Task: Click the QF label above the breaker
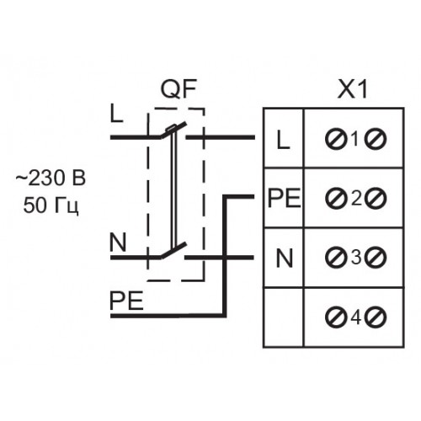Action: coord(179,88)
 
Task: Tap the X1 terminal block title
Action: coord(353,89)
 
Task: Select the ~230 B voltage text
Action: coord(51,178)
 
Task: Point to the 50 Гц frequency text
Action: coord(51,205)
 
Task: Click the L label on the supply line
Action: coord(117,114)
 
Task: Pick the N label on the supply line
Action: coord(118,242)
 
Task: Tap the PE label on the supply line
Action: coord(126,301)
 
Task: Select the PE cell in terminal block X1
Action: coord(285,198)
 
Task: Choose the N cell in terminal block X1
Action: coord(285,258)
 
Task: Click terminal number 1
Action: coord(355,139)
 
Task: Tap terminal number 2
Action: coord(356,199)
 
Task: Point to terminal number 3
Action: coord(356,258)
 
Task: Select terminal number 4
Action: coord(356,317)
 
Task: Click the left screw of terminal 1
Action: coord(335,139)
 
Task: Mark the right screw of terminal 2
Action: coord(376,199)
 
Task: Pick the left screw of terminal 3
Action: coord(335,258)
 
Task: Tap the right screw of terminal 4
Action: coord(376,317)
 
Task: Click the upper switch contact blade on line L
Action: coord(173,130)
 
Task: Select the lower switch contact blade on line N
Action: coord(173,251)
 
